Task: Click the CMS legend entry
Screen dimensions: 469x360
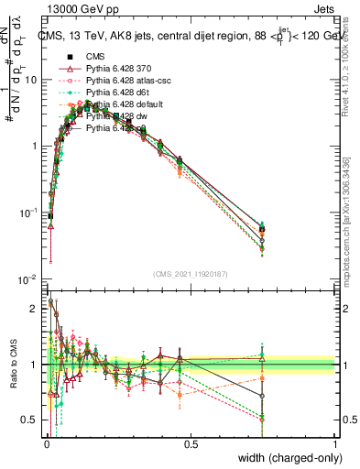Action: click(x=93, y=58)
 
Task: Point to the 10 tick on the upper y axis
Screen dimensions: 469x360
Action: click(x=30, y=80)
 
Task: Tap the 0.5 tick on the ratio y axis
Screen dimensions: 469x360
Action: click(x=29, y=421)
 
